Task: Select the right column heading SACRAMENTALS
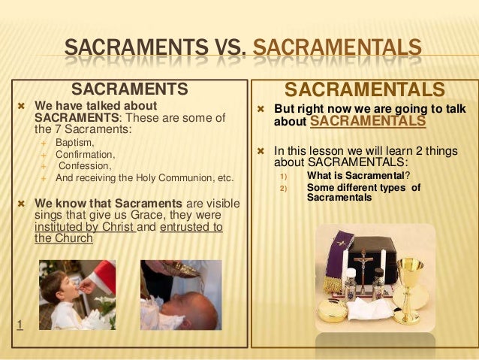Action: point(365,90)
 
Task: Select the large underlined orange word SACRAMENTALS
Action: point(367,121)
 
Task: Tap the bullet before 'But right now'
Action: point(261,109)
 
